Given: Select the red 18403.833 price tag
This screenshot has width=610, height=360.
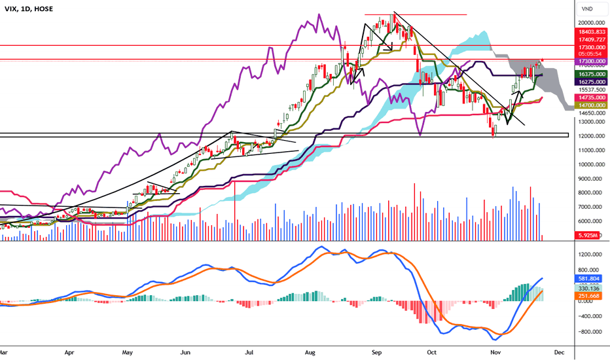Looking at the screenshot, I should (x=591, y=31).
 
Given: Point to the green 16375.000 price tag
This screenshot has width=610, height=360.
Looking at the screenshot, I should (x=591, y=75).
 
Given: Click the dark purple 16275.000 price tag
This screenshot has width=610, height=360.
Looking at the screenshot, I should (x=591, y=82).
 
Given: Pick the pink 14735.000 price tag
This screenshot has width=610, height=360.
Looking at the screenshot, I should (x=591, y=97).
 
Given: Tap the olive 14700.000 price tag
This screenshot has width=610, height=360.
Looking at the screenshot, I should (x=591, y=105).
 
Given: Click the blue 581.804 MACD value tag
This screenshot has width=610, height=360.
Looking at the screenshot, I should (x=591, y=278).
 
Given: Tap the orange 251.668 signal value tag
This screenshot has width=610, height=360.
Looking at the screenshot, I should (x=591, y=297).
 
